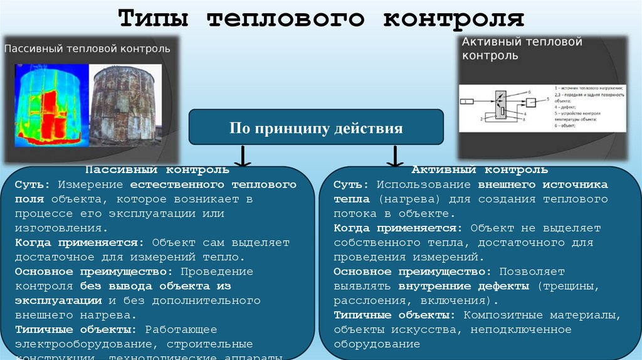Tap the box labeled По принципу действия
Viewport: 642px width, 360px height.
pyautogui.click(x=316, y=129)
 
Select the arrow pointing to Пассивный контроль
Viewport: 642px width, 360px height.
pyautogui.click(x=242, y=157)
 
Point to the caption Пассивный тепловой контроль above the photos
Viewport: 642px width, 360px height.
pyautogui.click(x=87, y=49)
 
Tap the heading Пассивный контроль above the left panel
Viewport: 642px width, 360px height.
pyautogui.click(x=157, y=170)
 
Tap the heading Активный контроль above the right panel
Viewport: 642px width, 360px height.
pyautogui.click(x=480, y=170)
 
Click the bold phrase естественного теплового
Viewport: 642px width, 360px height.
pyautogui.click(x=213, y=185)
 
